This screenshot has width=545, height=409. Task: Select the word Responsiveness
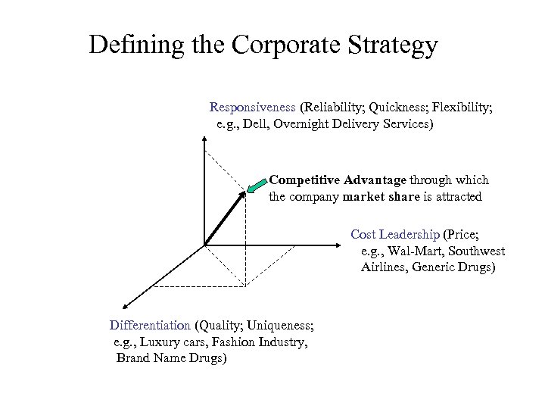[x=252, y=108]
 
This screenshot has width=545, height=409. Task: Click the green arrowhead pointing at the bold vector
[x=256, y=184]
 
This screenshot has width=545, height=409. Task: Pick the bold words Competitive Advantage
[x=338, y=180]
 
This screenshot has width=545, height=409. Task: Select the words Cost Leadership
[x=394, y=234]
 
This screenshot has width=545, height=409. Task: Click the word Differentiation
[x=150, y=326]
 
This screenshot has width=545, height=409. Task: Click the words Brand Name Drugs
[x=171, y=357]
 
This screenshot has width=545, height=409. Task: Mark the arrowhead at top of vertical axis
[x=205, y=139]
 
